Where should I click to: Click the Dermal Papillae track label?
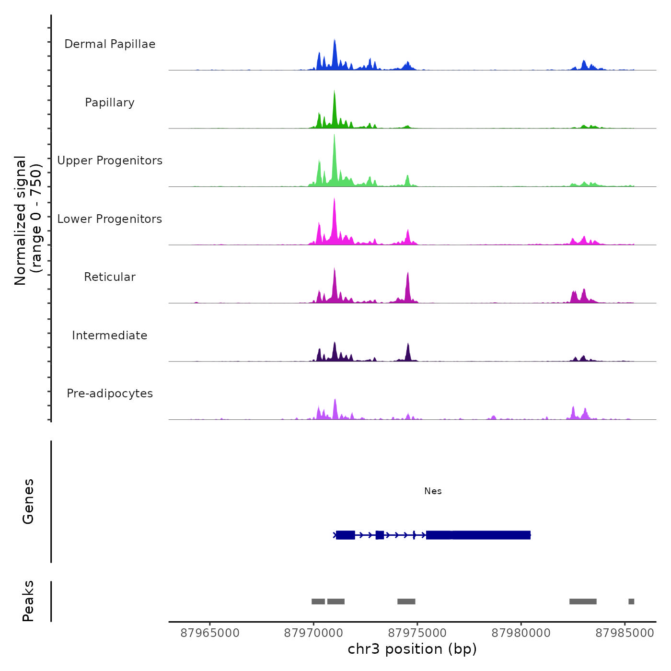110,44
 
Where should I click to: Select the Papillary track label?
110,103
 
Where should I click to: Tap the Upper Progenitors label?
110,161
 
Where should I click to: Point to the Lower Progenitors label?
110,219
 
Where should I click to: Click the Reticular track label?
110,277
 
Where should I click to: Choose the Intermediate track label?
110,335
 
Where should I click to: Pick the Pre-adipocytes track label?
110,393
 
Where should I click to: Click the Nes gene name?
433,491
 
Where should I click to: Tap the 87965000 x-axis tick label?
210,633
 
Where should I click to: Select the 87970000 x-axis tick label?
314,633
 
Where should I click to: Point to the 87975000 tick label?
417,633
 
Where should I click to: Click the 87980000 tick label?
521,633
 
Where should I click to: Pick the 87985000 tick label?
625,633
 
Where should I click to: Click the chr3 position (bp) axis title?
412,649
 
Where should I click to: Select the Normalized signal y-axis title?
28,220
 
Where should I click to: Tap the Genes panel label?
28,501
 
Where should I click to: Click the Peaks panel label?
28,601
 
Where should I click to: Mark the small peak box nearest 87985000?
631,602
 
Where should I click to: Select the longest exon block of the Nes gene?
478,535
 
